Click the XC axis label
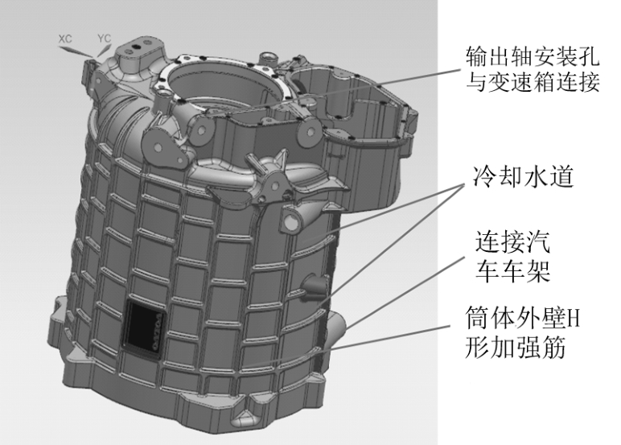coord(65,39)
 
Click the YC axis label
coord(104,39)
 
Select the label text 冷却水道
coord(523,176)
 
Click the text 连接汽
coord(512,241)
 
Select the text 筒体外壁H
coord(522,317)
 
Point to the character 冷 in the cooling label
coord(484,176)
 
